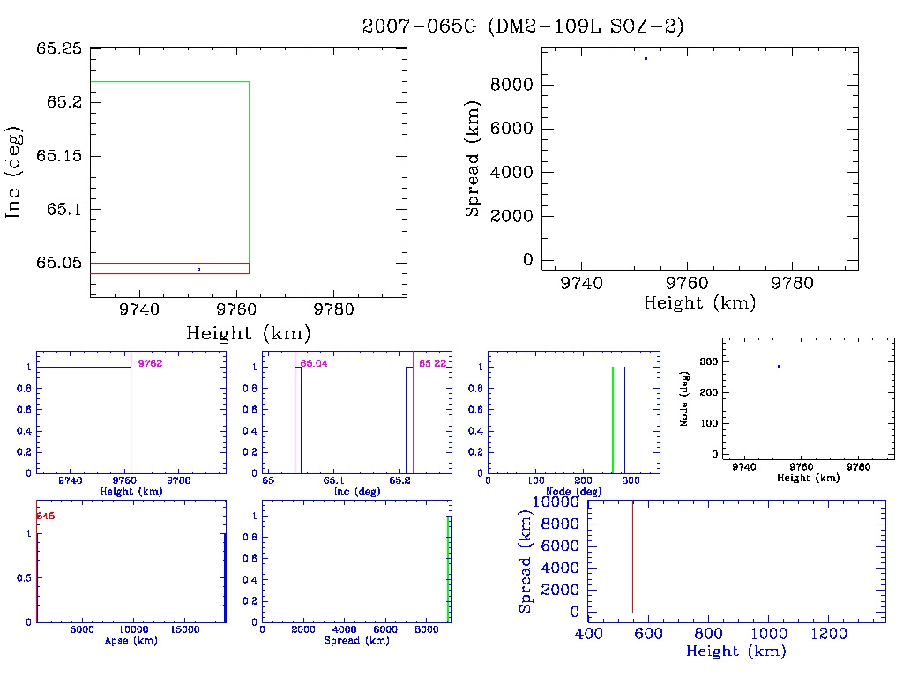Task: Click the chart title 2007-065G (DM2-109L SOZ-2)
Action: [x=523, y=26]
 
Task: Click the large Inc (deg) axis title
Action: [x=15, y=172]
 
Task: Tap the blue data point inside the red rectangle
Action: [x=198, y=269]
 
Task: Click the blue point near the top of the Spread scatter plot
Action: [x=646, y=58]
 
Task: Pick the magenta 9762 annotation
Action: [x=150, y=363]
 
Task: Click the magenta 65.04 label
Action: [x=313, y=363]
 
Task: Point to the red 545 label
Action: [x=46, y=517]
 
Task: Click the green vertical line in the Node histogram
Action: [x=613, y=419]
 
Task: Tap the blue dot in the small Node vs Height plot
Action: [x=779, y=366]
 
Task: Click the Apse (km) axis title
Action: [x=131, y=641]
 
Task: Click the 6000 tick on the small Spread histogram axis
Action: [x=385, y=630]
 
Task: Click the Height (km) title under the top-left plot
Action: [x=248, y=334]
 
